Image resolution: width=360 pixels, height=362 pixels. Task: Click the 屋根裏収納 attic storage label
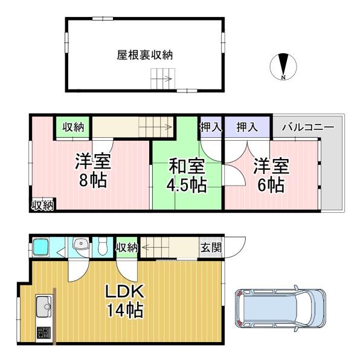(145, 55)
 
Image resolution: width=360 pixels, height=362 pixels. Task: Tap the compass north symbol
(283, 66)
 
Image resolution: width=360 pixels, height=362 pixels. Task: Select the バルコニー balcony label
(308, 127)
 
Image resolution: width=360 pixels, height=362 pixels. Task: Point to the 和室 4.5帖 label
(187, 175)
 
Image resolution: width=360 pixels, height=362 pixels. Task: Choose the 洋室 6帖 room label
(271, 175)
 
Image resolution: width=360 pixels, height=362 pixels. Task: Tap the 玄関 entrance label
(211, 248)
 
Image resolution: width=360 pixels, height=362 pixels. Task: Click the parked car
(280, 308)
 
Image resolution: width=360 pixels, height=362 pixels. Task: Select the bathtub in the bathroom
(40, 247)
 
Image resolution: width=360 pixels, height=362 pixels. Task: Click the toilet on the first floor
(102, 247)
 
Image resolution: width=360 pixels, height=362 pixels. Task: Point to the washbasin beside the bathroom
(80, 244)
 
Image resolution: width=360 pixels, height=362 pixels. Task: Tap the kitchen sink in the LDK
(44, 306)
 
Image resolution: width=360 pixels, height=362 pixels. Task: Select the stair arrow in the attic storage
(167, 79)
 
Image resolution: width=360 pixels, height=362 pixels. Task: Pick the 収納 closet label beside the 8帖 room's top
(73, 127)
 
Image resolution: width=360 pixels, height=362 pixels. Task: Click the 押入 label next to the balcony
(247, 127)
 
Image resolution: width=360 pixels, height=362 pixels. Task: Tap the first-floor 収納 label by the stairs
(127, 248)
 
